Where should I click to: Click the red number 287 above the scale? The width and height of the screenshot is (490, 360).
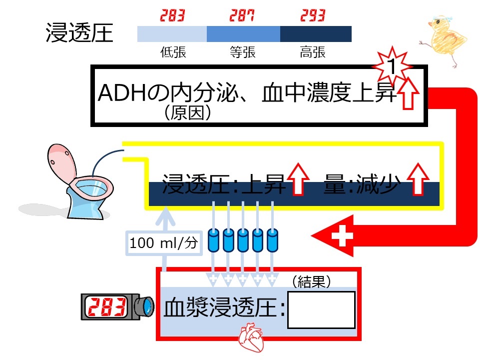point(242,15)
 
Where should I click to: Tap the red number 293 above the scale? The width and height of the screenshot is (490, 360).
point(313,15)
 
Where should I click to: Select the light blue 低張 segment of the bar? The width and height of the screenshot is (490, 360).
point(172,34)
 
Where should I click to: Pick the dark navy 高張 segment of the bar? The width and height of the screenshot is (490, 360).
point(316,34)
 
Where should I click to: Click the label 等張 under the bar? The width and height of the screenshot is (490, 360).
point(242,52)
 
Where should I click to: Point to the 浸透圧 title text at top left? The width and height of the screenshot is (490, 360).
point(79,33)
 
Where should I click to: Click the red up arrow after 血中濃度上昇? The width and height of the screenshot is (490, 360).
point(409,93)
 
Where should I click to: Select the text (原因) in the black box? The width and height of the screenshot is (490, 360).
point(187,113)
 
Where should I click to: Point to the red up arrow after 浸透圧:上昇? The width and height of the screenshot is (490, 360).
point(298,179)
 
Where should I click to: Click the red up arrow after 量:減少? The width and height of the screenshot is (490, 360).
point(418,179)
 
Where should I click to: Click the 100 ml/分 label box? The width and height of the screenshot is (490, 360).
point(163,243)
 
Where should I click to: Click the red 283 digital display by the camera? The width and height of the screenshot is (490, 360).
point(107,306)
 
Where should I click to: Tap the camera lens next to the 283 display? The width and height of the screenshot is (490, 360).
point(145,306)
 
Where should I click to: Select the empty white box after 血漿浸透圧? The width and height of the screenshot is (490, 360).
point(321,309)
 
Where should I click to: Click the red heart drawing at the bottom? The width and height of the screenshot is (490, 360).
point(251,338)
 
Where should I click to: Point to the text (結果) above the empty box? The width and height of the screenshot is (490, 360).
point(312,282)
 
